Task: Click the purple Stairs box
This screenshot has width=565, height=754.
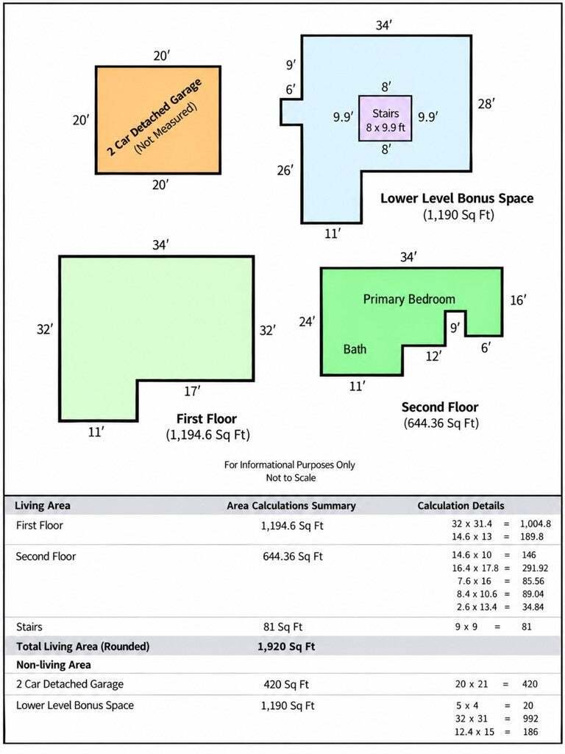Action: (385, 119)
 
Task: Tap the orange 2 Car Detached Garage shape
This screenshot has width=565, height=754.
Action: (158, 120)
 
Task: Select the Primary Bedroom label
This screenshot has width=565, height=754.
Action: (409, 299)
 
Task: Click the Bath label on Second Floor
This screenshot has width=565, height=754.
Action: (355, 349)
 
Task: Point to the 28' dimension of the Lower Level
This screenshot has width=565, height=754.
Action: (486, 103)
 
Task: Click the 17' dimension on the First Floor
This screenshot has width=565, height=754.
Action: (192, 392)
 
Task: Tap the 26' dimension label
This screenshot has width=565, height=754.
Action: (285, 170)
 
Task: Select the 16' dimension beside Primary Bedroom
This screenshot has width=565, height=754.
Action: (518, 300)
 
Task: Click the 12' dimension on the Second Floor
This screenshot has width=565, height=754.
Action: (433, 356)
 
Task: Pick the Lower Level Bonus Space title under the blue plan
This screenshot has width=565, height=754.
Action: (457, 199)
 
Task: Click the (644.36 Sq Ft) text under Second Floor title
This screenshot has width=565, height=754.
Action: (441, 423)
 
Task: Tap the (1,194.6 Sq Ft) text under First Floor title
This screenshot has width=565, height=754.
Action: (207, 435)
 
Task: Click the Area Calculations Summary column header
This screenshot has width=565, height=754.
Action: (291, 506)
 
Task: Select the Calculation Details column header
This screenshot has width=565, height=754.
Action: (461, 506)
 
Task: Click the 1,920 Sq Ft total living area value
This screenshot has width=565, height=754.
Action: (286, 646)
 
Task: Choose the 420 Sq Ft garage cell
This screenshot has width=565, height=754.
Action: (286, 684)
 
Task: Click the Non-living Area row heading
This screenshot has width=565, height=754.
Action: (53, 665)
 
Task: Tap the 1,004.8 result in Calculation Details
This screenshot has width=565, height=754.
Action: (536, 524)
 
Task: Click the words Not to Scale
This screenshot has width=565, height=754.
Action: (291, 478)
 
